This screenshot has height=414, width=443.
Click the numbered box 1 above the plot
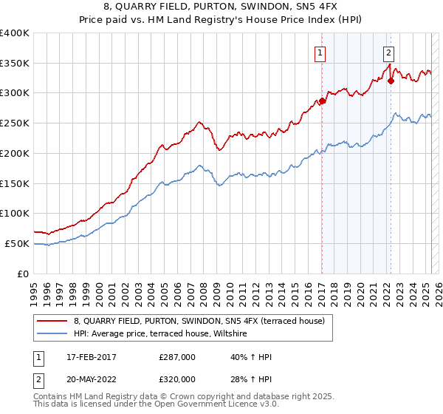point(320,52)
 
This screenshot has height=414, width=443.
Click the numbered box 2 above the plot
point(388,52)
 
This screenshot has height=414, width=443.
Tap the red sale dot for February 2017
point(323,101)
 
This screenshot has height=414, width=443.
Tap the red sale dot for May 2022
point(391,81)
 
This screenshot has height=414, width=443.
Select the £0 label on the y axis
point(22,274)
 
